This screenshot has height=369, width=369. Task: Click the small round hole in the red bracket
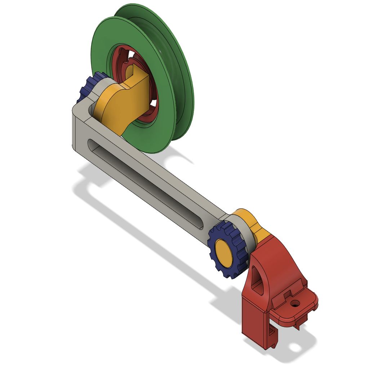296,304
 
